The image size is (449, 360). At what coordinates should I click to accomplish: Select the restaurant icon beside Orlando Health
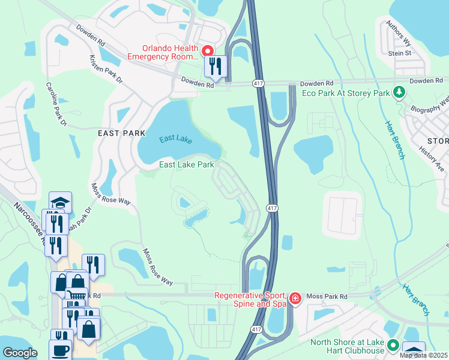click(215, 65)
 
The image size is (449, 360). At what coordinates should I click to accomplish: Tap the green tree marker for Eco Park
click(398, 92)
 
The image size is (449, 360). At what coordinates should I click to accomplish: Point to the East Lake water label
click(176, 139)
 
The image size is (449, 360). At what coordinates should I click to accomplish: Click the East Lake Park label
click(186, 164)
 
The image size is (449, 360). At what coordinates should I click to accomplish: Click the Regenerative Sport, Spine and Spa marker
click(294, 298)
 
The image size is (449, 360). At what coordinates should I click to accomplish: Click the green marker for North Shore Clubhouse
click(393, 345)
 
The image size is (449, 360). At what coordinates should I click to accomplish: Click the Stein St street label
click(399, 53)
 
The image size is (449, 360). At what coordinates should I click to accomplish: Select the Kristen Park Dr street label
click(105, 70)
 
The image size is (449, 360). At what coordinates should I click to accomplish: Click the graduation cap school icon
click(60, 202)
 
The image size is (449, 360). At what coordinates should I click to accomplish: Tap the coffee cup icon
click(60, 350)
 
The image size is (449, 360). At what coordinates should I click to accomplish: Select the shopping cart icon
click(76, 296)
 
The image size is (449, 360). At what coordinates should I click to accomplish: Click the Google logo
click(20, 353)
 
